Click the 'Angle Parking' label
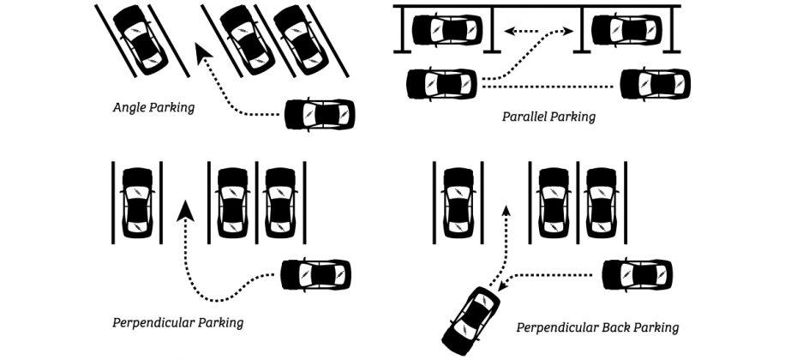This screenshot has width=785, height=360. [153, 108]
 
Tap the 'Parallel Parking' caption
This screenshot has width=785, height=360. [548, 115]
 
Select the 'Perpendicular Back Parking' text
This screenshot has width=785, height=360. [597, 327]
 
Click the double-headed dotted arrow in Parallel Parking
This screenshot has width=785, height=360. [537, 32]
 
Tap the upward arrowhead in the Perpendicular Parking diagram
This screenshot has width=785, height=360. [184, 209]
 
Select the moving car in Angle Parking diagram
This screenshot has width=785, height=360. [318, 114]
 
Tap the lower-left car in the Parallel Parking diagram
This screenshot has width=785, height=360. [441, 84]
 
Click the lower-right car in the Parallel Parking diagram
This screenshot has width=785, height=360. [655, 84]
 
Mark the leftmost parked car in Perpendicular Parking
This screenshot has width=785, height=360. [137, 203]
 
